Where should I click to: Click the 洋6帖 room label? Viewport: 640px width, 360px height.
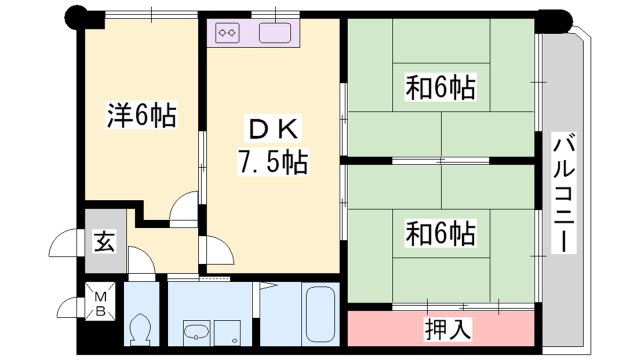click(x=141, y=117)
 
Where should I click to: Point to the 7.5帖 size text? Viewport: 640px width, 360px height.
click(x=272, y=159)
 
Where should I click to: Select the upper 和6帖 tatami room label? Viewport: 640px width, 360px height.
click(x=440, y=88)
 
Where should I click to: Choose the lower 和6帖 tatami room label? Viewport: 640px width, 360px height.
click(x=440, y=234)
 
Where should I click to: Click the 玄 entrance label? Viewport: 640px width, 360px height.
click(x=103, y=242)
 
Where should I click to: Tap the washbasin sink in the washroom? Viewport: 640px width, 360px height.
click(x=196, y=334)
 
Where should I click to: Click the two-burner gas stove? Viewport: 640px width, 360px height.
click(x=226, y=32)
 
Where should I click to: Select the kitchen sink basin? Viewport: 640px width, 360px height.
click(x=274, y=32)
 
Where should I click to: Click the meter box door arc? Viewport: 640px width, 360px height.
click(x=70, y=306)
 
